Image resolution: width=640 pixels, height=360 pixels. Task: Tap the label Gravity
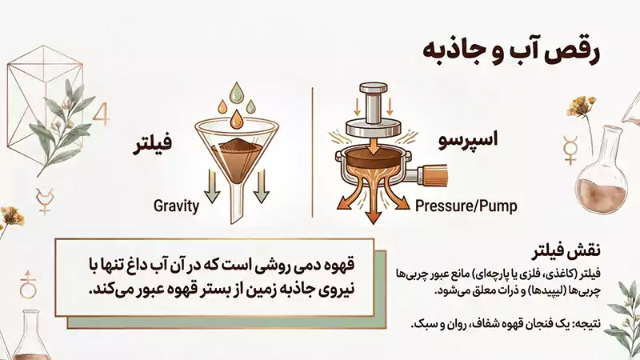[x=175, y=206]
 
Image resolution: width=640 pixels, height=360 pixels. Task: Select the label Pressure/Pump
[x=466, y=206]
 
